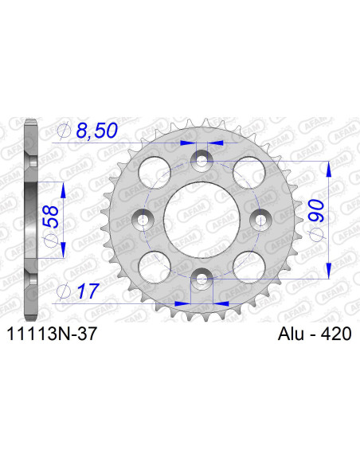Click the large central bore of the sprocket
coord(201,218)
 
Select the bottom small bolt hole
coord(201,276)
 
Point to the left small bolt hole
coord(143,218)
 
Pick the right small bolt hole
coord(258,218)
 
